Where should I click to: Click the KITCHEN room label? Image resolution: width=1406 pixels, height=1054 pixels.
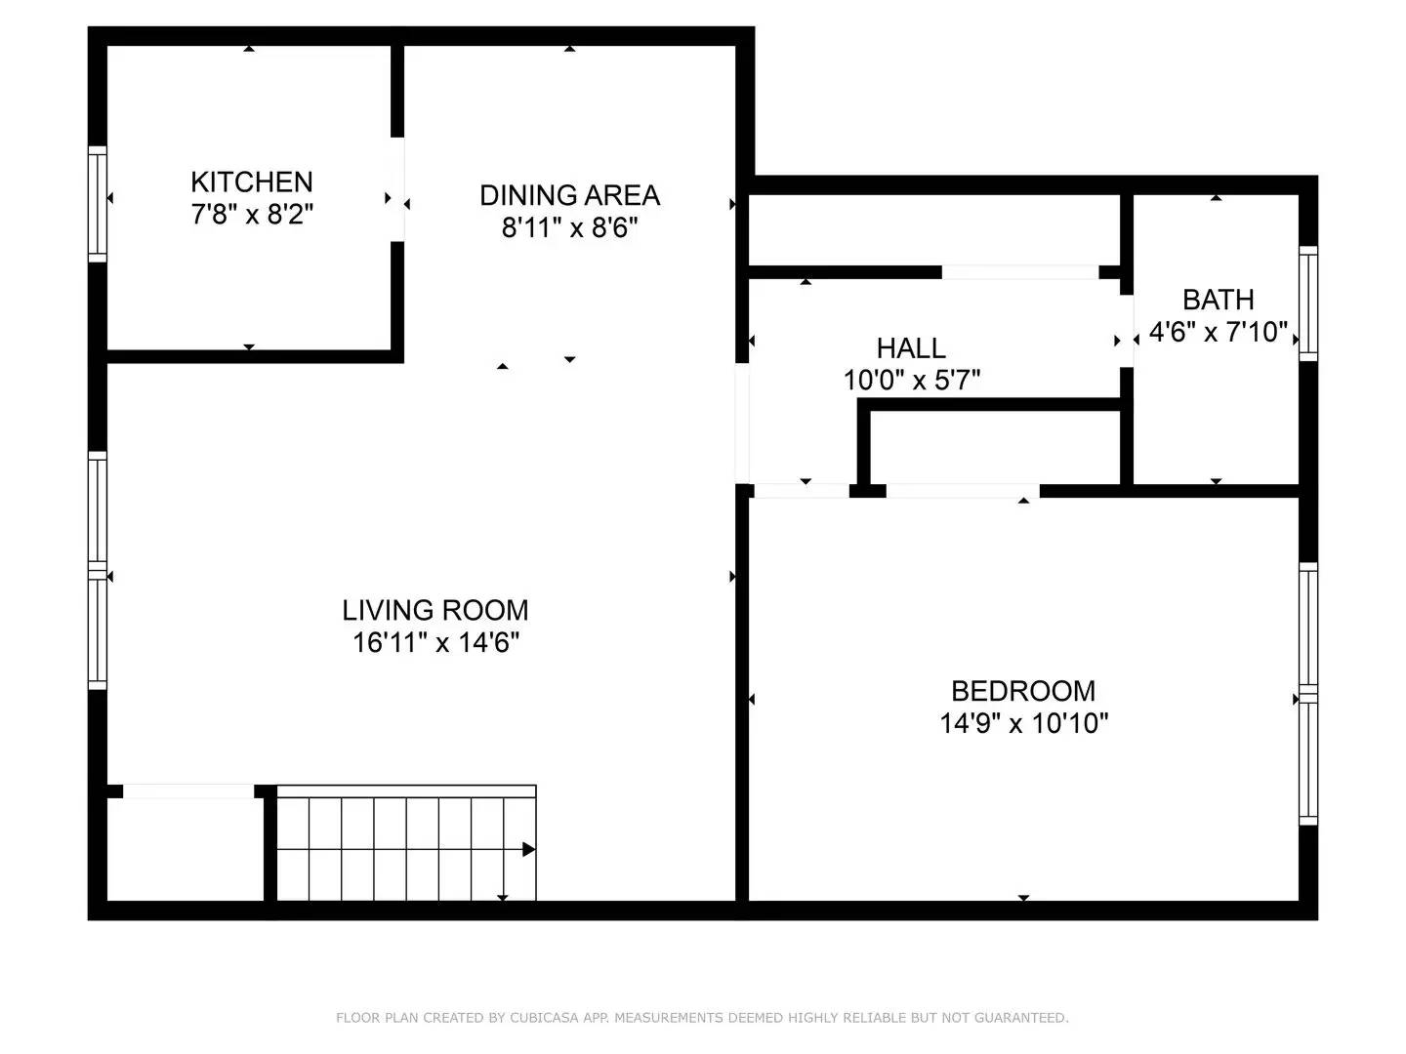251,182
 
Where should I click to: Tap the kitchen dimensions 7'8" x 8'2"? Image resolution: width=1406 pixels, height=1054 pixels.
251,214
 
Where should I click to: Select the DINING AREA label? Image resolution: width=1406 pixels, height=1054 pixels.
569,195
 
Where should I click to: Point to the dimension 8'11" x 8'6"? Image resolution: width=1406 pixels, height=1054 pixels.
569,227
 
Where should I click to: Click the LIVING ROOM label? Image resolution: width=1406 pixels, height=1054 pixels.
434,610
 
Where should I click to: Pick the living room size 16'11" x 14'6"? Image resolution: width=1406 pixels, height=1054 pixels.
434,642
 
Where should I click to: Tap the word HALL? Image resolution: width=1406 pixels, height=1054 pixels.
910,347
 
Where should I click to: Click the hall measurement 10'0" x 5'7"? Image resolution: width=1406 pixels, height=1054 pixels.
911,380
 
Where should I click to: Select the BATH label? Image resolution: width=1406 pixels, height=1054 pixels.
1218,300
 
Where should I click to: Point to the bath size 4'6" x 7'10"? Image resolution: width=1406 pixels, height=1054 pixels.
1218,332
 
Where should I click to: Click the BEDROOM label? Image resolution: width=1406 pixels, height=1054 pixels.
1022,691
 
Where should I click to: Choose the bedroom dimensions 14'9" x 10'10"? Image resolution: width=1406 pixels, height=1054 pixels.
1023,723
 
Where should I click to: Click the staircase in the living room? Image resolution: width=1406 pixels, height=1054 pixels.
405,847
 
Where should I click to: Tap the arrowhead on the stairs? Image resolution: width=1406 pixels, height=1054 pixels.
529,849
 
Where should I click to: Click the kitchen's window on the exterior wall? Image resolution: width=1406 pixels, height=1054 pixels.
98,203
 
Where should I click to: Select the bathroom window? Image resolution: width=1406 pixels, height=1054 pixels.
1307,303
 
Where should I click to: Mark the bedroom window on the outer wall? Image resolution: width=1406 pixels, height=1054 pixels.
1307,694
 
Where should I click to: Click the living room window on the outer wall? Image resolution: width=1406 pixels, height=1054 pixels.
98,571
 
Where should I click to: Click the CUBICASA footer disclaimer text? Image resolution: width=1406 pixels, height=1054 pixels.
702,1018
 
